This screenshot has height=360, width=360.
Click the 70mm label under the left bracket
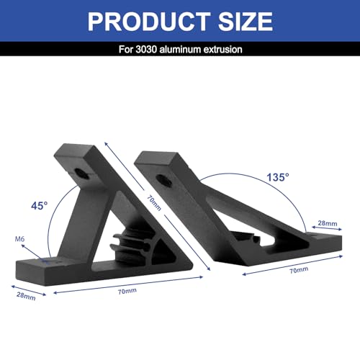(x=127, y=291)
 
